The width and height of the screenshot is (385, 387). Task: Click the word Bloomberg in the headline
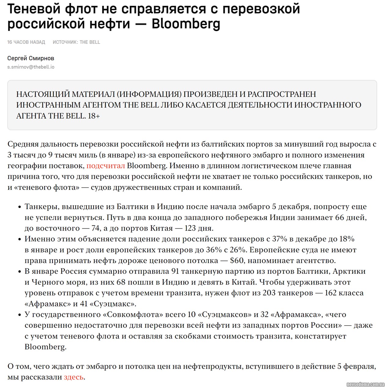point(186,24)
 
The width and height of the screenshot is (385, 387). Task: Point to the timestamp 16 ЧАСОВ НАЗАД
point(26,42)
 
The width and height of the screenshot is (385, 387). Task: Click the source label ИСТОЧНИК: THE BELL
point(76,42)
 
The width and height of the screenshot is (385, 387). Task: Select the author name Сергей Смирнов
point(31,58)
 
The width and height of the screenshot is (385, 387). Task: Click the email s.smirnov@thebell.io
point(31,67)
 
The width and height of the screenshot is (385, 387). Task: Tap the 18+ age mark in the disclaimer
point(94,116)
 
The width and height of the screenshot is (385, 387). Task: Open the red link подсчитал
point(106,166)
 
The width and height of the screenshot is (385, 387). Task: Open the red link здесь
point(74,377)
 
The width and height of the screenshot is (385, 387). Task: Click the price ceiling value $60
point(237,261)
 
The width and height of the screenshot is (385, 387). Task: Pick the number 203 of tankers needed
point(269,293)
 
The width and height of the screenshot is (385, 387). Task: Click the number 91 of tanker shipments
point(175,271)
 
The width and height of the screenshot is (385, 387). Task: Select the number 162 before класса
point(331,293)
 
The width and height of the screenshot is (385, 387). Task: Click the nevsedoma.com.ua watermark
point(365,384)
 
